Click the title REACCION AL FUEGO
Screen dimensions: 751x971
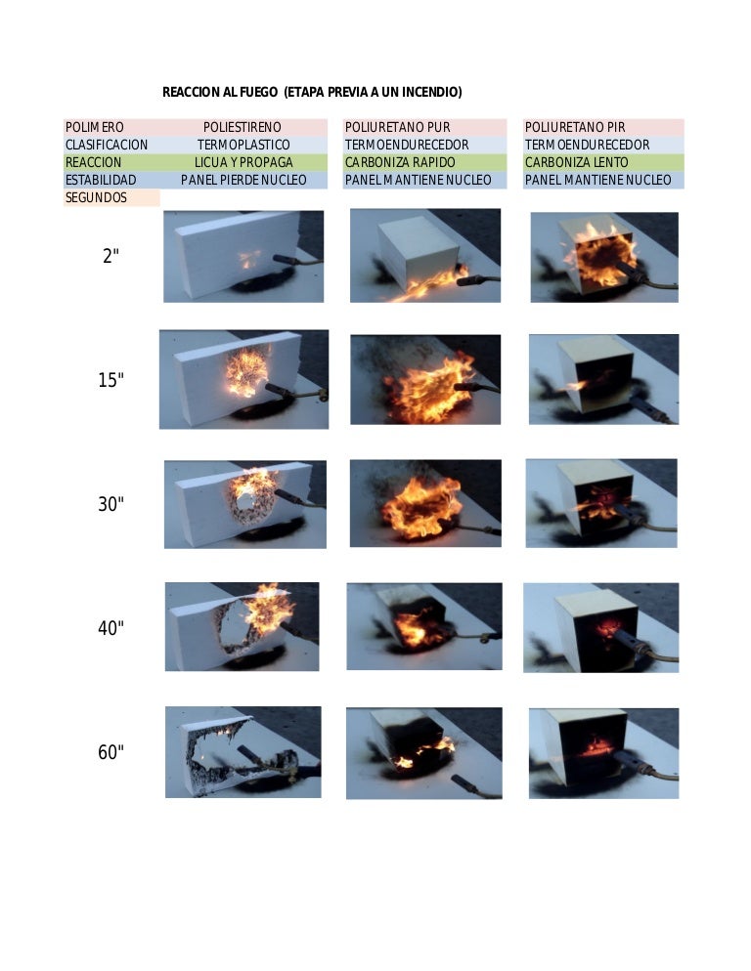(x=220, y=92)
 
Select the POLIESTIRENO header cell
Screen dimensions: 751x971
(x=243, y=128)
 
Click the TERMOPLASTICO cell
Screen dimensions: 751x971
(x=243, y=145)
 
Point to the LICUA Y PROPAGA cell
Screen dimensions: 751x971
(x=243, y=162)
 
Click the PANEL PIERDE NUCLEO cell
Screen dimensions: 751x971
(x=243, y=180)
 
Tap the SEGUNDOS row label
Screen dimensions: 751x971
(x=96, y=197)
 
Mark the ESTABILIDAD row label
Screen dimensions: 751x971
(x=101, y=180)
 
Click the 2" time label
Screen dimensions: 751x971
(x=111, y=256)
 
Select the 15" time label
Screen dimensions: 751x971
(x=111, y=380)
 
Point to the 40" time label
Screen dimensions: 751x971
(x=111, y=628)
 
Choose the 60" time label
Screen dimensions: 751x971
(x=111, y=752)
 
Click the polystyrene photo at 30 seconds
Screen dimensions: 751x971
(x=245, y=504)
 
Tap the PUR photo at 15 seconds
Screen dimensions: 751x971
(x=425, y=380)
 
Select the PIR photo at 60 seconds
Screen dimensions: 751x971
(x=604, y=753)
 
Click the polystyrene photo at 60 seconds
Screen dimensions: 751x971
(x=243, y=752)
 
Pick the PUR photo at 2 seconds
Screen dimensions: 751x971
(x=425, y=256)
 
